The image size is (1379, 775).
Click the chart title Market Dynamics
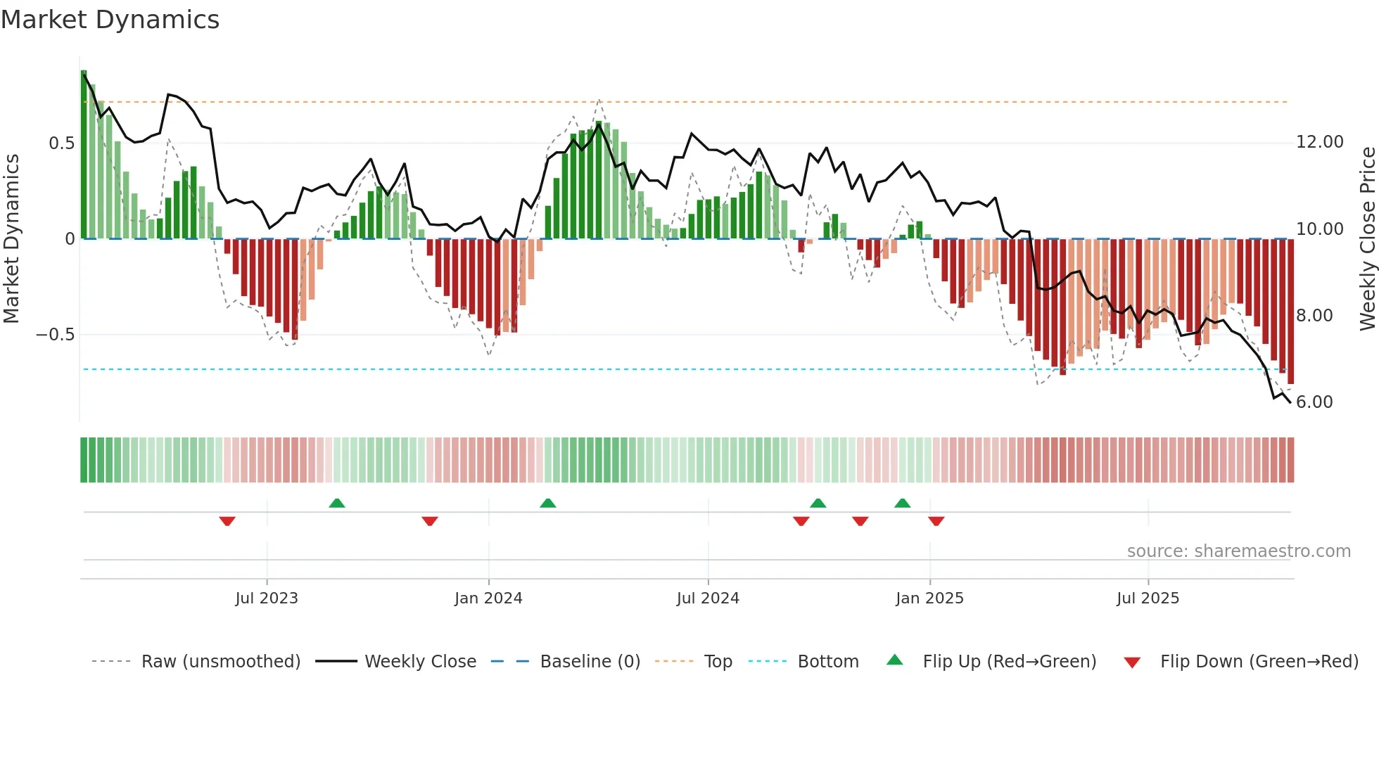pos(110,20)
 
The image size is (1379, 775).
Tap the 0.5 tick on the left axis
pos(61,143)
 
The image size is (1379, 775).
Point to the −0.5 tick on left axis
pos(55,335)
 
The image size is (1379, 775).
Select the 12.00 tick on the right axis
pos(1319,142)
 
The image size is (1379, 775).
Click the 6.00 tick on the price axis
pos(1314,402)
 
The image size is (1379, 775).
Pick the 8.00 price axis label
pos(1314,316)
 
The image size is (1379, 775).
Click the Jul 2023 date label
pos(267,598)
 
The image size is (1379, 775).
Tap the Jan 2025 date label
pos(929,598)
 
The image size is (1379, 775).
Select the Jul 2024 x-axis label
pos(708,598)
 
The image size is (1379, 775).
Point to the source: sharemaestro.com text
pos(1238,551)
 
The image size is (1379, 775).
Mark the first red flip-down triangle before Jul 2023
pos(227,521)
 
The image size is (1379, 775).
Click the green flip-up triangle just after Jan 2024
pos(548,503)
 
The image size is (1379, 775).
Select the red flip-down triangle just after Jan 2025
pos(936,521)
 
